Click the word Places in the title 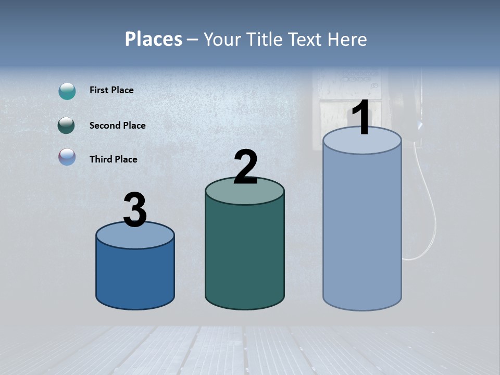(x=154, y=39)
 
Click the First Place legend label (x=111, y=90)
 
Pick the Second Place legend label (x=117, y=126)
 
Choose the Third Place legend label (x=113, y=159)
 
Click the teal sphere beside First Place (x=67, y=91)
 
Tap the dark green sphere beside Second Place (x=67, y=126)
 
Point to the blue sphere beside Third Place (x=67, y=157)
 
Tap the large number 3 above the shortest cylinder (x=135, y=210)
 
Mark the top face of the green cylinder (x=245, y=195)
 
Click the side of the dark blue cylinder (x=135, y=276)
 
